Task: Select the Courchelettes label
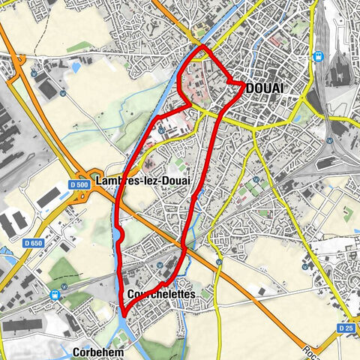[162, 295]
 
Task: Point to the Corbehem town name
[99, 351]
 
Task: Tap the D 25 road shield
[345, 328]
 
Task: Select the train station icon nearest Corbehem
[55, 295]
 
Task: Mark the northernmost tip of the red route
[202, 46]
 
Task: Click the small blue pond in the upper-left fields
[76, 67]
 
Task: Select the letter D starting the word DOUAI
[251, 89]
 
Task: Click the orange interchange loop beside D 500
[93, 194]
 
